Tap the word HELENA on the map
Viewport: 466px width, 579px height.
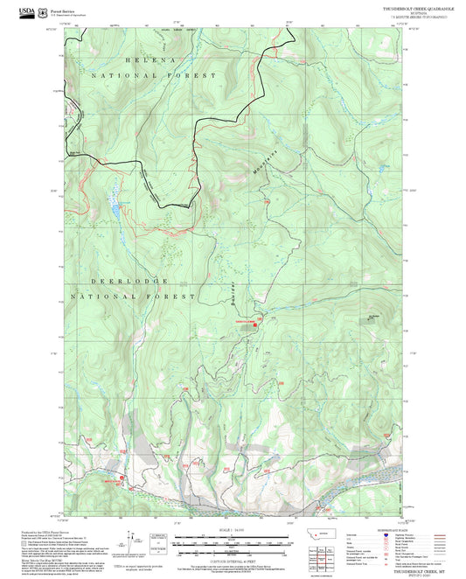click(150, 59)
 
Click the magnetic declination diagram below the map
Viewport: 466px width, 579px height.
click(131, 541)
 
